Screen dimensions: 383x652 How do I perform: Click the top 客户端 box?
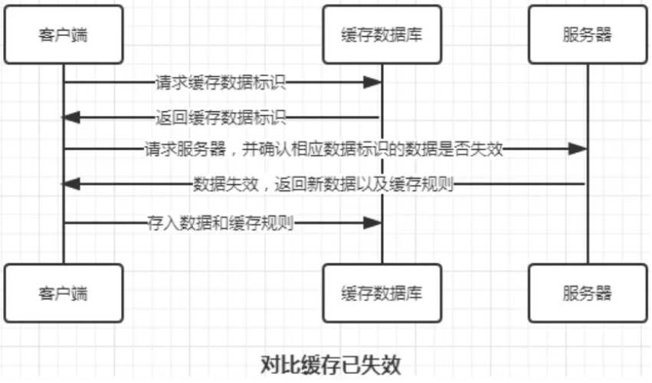[63, 35]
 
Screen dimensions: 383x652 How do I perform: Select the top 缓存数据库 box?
[382, 35]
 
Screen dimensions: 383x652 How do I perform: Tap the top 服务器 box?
[587, 35]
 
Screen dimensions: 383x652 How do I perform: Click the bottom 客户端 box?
[63, 293]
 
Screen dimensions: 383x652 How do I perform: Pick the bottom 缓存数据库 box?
[382, 293]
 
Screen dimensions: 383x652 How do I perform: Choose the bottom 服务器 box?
[587, 293]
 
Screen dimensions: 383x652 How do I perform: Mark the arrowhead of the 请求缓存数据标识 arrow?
[373, 82]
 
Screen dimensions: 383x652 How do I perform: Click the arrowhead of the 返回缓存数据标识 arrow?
[71, 118]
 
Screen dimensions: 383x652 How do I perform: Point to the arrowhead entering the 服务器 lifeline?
[578, 150]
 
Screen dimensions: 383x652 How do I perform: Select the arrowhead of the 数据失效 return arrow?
[71, 184]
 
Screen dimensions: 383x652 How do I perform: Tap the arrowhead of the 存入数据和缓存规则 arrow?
[373, 223]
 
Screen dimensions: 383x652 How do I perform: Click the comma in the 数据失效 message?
[255, 186]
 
